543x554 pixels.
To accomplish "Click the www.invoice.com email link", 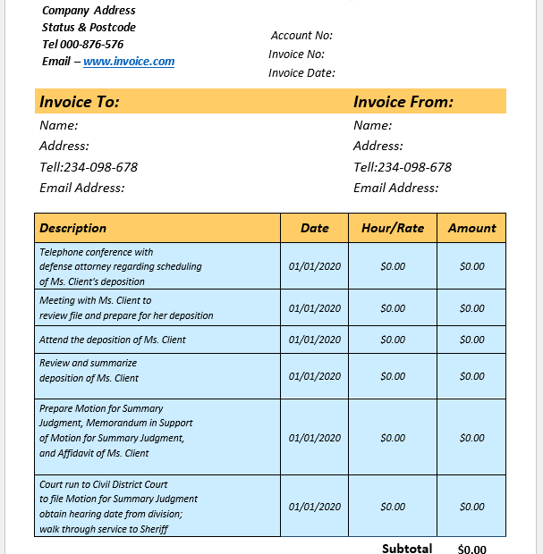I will coord(129,62).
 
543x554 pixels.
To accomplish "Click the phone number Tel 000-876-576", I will coord(82,45).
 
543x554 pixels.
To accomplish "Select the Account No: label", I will coord(301,36).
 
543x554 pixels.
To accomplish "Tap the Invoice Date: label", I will coord(301,73).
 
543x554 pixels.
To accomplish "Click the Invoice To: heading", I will coord(80,102).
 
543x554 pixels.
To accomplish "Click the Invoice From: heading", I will coord(403,102).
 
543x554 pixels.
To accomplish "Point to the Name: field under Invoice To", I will coord(59,126).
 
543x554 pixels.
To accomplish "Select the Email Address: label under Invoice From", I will coord(396,188).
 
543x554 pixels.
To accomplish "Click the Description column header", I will coord(73,228).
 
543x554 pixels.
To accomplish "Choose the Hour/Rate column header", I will coord(393,228).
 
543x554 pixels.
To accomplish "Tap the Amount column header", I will coord(471,228).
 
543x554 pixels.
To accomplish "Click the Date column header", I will coord(314,228).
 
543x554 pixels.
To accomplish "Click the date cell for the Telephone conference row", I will coord(314,266).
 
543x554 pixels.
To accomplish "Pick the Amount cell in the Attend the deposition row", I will coord(471,340).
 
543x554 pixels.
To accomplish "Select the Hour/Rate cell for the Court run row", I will coord(393,507).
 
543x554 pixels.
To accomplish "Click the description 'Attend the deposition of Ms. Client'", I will coord(113,340).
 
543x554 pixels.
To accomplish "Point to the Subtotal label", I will coord(407,549).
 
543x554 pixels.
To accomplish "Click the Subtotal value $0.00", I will coord(471,550).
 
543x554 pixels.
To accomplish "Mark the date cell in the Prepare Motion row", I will coord(314,438).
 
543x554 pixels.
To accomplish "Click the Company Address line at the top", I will coord(89,11).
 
